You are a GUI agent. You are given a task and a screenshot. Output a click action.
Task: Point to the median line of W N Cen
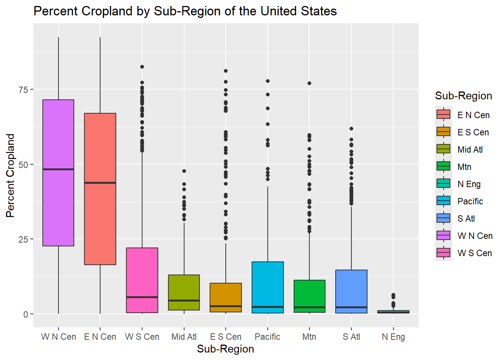(58, 169)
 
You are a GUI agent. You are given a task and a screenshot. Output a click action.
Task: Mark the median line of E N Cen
(100, 183)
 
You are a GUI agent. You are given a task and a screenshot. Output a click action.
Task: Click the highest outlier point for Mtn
(309, 83)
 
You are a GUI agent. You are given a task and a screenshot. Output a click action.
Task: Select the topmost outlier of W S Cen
(142, 67)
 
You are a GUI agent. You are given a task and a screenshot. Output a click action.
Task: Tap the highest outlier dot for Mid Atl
(184, 171)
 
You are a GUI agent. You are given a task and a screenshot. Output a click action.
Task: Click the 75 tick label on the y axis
(23, 90)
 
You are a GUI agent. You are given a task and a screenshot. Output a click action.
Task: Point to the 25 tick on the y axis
(23, 239)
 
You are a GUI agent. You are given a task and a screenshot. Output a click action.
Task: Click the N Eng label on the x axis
(393, 337)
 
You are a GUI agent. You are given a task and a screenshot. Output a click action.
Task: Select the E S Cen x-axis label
(226, 337)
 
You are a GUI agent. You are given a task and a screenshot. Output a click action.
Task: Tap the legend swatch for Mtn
(443, 166)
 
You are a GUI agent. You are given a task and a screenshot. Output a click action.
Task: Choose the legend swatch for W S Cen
(443, 253)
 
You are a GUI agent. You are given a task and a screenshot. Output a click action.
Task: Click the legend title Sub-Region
(463, 96)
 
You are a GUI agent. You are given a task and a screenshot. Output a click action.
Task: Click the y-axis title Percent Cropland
(10, 175)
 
